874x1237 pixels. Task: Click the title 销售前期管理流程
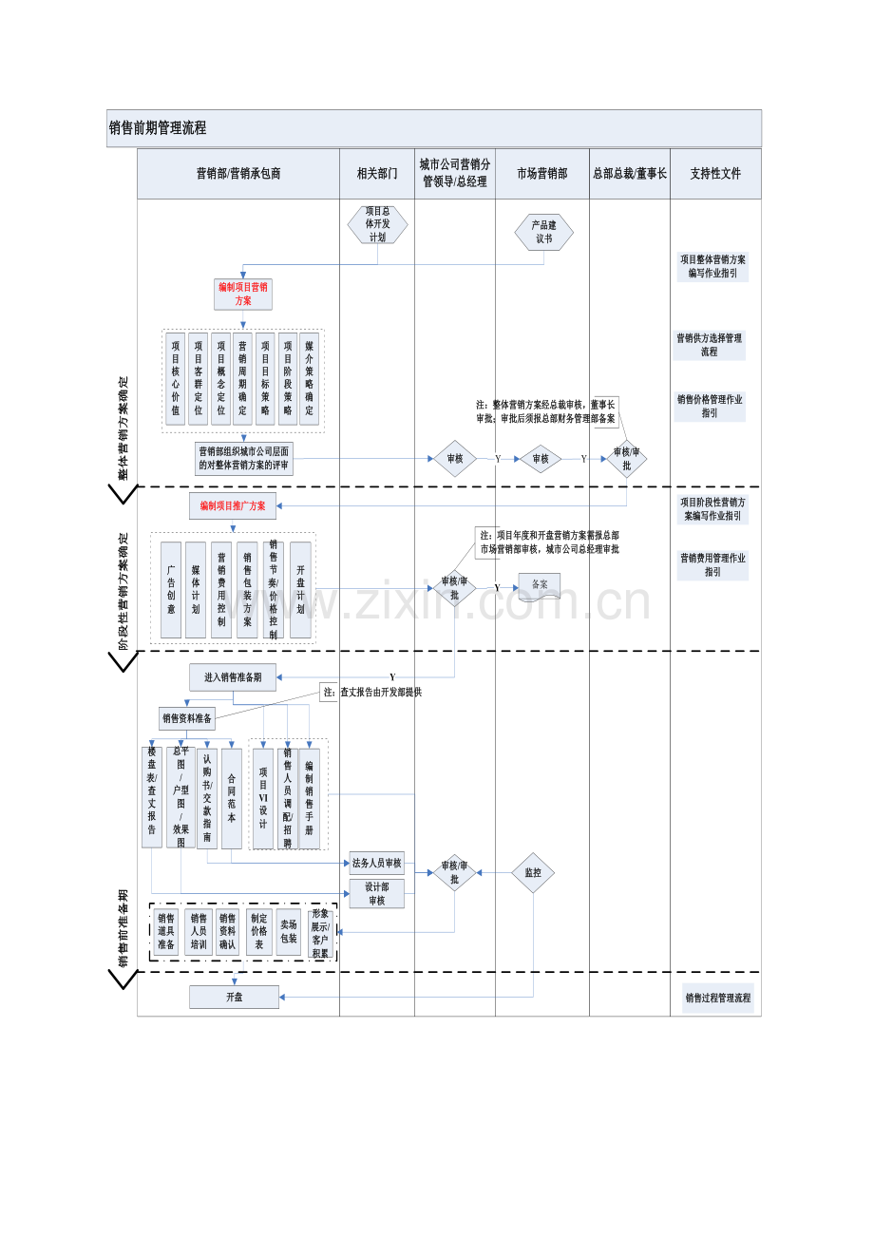click(158, 128)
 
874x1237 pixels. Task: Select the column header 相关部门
click(377, 174)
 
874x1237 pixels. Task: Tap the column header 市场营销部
click(541, 174)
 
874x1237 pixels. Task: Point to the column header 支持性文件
click(715, 174)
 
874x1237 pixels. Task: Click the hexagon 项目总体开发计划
click(377, 224)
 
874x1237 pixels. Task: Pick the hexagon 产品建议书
click(543, 232)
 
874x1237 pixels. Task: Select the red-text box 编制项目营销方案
click(243, 294)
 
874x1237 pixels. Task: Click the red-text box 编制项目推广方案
click(233, 506)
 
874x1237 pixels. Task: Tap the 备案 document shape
click(540, 585)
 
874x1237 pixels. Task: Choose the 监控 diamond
click(533, 873)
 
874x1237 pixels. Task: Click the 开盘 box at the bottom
click(234, 997)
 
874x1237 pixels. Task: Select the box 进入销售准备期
click(233, 677)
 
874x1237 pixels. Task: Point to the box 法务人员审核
click(377, 864)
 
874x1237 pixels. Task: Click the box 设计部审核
click(377, 893)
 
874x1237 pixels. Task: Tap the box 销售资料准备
click(187, 718)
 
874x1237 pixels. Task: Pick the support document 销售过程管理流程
click(717, 999)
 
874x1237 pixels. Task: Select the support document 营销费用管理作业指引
click(712, 565)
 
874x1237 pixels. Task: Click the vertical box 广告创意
click(171, 589)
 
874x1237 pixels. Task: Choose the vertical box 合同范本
click(232, 798)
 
